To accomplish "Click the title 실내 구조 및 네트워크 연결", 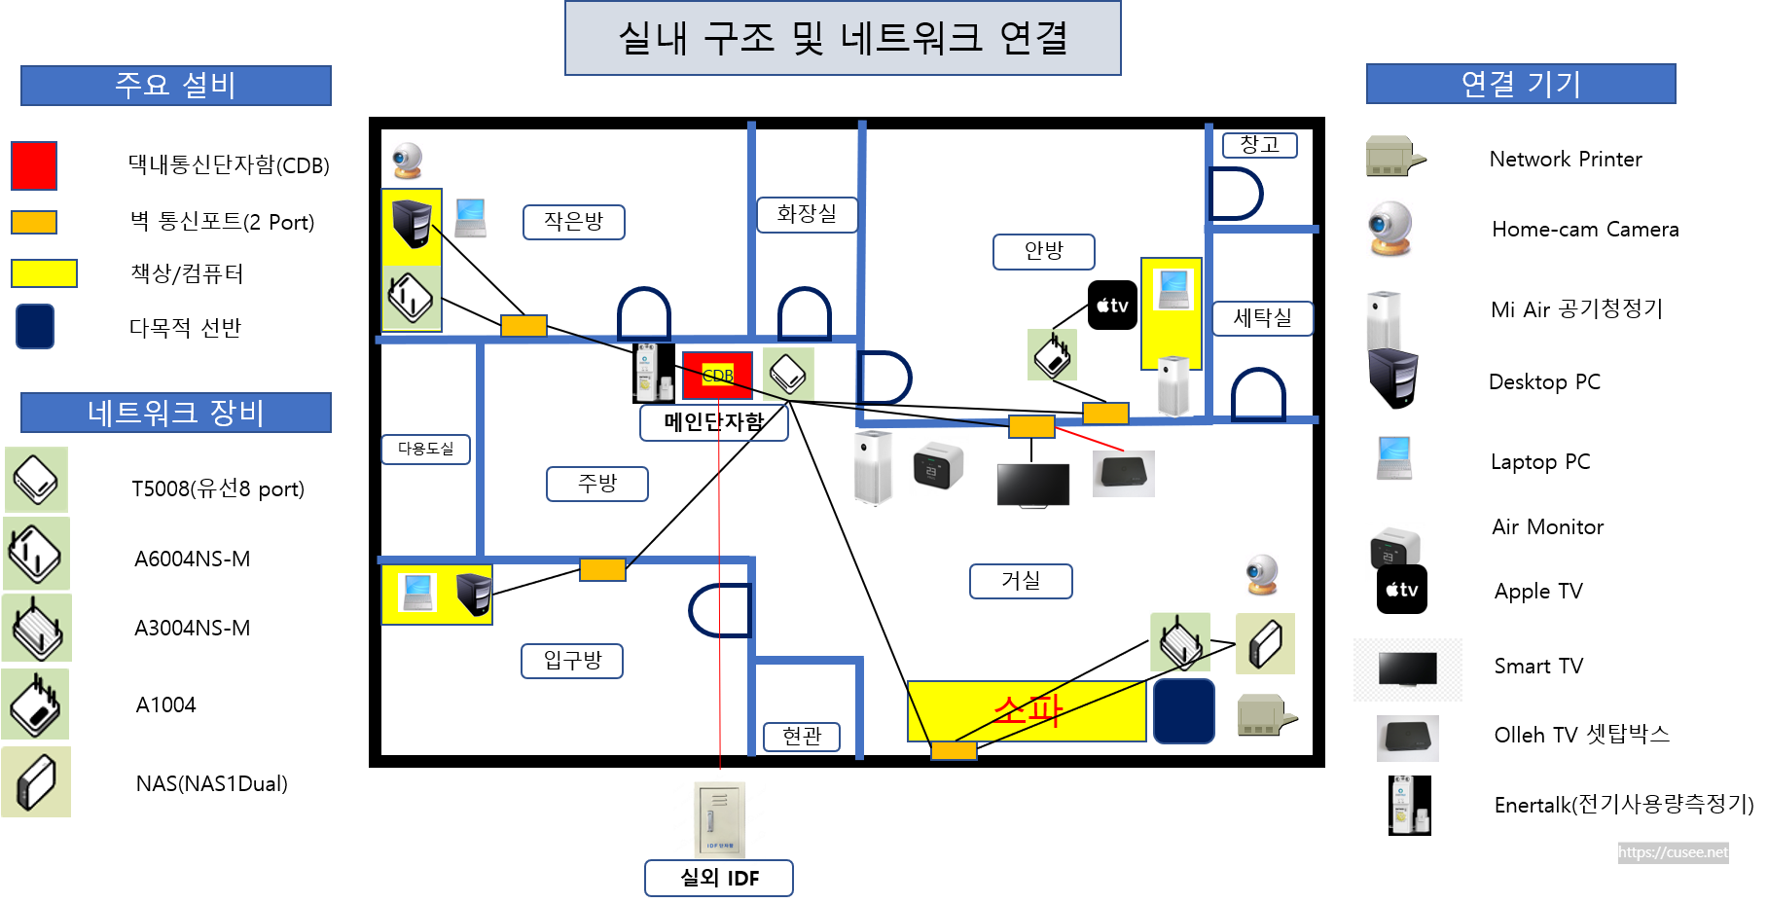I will point(843,38).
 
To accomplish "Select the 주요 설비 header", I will point(175,86).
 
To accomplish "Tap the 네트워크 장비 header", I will point(175,413).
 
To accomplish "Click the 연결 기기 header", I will point(1520,84).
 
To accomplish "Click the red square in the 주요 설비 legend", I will point(34,165).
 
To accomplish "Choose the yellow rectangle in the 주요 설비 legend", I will point(44,273).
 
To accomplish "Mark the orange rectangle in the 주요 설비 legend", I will point(34,223).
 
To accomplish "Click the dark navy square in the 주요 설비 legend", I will point(35,326).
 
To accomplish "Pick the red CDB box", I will point(717,376).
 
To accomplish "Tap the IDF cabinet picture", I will point(719,818).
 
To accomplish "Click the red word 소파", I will point(1028,710).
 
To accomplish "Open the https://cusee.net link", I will point(1673,852).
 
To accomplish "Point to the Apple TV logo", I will point(1402,585).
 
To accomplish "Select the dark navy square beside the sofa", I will point(1183,711).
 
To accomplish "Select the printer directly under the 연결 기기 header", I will point(1394,156).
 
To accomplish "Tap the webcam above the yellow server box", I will point(408,162).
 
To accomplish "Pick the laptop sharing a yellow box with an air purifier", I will point(1173,289).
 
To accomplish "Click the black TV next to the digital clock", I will point(1033,485).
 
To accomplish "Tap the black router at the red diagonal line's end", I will point(1124,474).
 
